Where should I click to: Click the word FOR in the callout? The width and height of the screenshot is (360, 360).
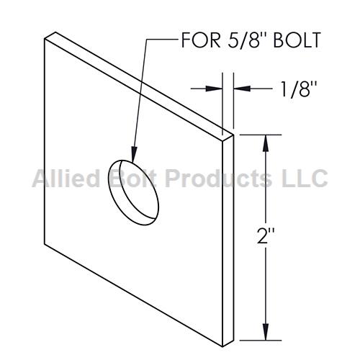click(201, 40)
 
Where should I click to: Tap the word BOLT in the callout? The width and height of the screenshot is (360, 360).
click(297, 40)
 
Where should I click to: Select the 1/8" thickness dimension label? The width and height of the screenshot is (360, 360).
click(299, 89)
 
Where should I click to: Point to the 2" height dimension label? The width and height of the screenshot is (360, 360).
click(266, 235)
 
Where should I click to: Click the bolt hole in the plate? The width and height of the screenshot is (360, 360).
click(133, 192)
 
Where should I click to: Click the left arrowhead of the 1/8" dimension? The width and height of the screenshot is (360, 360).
click(214, 89)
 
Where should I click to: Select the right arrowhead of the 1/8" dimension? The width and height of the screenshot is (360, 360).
click(242, 89)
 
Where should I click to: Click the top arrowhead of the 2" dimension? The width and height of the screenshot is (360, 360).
click(266, 143)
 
